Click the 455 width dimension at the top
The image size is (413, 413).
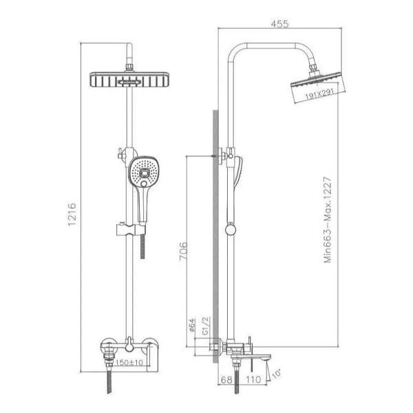[x=279, y=24]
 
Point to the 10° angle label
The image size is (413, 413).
[x=276, y=374]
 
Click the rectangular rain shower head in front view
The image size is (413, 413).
[x=129, y=80]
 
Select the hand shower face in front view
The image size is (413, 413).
[x=143, y=170]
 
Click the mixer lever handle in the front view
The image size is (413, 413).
[x=129, y=340]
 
